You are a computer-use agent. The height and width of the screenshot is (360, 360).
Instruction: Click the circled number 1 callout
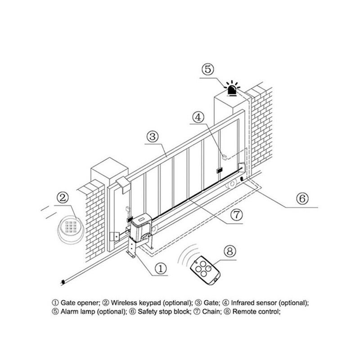point(161,269)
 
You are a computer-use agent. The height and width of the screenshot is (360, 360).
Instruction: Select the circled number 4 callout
point(199,118)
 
